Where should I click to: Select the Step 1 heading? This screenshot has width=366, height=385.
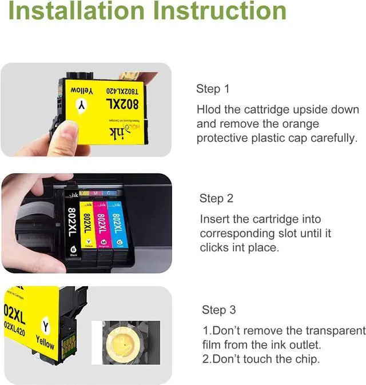point(212,89)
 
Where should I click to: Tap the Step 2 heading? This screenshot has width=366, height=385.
point(216,198)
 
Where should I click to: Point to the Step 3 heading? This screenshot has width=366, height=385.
point(218,310)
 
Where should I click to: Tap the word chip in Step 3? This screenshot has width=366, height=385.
point(307,359)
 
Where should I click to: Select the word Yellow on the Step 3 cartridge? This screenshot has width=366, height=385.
point(45,342)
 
